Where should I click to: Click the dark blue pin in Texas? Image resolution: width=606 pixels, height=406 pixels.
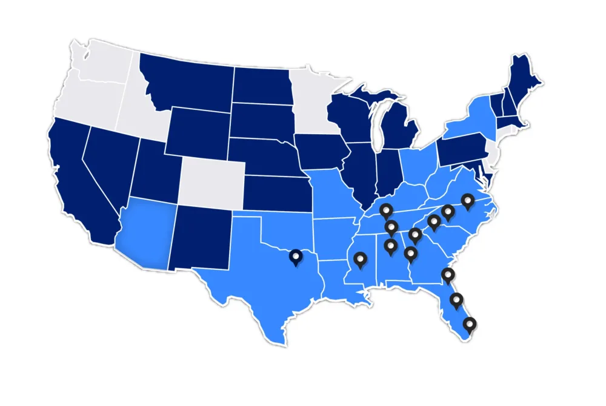[296, 257]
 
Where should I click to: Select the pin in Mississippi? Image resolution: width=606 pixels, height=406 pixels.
[361, 260]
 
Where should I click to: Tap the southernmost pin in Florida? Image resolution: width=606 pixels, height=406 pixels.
[469, 325]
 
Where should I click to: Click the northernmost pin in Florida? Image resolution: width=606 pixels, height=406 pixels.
[448, 276]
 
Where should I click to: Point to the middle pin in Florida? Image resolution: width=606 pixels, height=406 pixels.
[457, 300]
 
